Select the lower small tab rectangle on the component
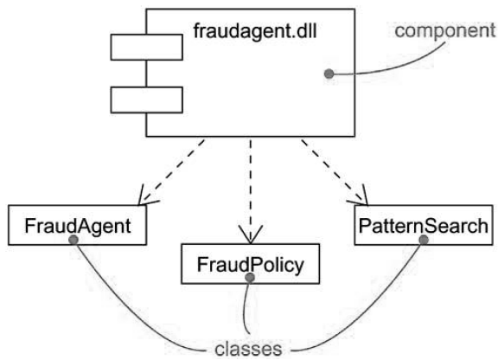click(x=146, y=100)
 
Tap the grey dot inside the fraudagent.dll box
click(x=329, y=74)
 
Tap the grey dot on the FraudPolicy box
click(x=249, y=279)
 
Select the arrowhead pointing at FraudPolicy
click(x=251, y=236)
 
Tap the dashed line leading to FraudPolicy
click(x=251, y=186)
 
